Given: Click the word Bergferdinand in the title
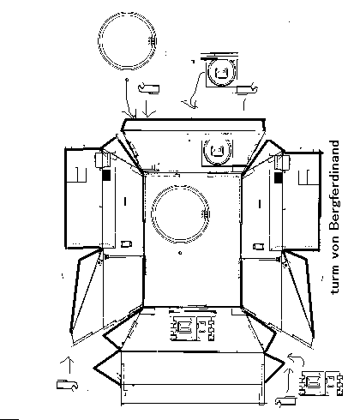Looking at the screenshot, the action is click(334, 185).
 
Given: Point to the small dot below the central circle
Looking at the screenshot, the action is click(180, 253).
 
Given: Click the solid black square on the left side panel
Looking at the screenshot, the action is click(106, 175).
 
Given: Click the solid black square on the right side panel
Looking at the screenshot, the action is click(279, 177).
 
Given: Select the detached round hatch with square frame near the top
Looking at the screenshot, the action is click(221, 71).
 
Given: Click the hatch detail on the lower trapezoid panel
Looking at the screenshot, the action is click(192, 326).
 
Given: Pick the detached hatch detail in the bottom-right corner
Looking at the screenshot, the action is click(321, 383).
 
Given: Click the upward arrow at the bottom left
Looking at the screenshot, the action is click(69, 365).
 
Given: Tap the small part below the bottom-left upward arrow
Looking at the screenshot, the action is click(67, 385).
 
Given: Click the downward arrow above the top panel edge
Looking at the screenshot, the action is click(147, 109).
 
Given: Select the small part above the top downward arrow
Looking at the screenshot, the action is click(148, 88).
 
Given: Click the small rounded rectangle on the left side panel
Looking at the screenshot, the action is click(126, 244).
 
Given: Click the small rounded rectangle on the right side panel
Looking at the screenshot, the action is click(258, 246).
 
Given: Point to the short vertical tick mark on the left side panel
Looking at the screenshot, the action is click(125, 201).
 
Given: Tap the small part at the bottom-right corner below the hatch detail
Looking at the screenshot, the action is click(285, 401).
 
